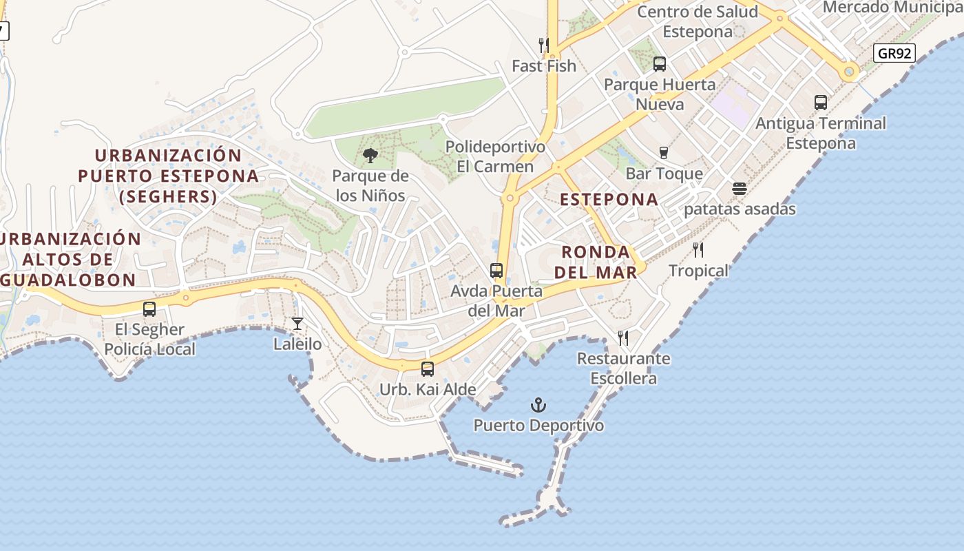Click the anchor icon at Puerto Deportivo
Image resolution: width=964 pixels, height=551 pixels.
pyautogui.click(x=538, y=405)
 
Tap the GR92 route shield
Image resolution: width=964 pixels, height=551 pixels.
pyautogui.click(x=894, y=53)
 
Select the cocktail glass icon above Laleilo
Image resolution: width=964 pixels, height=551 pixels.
pyautogui.click(x=297, y=323)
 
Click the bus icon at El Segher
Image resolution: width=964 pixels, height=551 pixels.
pyautogui.click(x=149, y=309)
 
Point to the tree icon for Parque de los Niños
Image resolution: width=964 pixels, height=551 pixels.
pyautogui.click(x=370, y=156)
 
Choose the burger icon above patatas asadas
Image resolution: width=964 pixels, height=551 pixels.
pyautogui.click(x=740, y=189)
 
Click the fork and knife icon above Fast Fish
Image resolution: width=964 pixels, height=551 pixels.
pyautogui.click(x=544, y=45)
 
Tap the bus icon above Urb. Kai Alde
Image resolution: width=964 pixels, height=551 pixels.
pyautogui.click(x=428, y=369)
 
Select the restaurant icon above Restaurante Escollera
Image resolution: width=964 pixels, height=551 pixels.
pyautogui.click(x=623, y=338)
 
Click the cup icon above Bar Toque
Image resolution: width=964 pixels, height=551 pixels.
pyautogui.click(x=664, y=153)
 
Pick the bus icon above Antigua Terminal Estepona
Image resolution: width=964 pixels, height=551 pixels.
pyautogui.click(x=821, y=103)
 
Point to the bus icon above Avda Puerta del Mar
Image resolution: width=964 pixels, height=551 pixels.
pyautogui.click(x=496, y=271)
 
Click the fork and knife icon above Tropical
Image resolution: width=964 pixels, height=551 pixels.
pyautogui.click(x=699, y=249)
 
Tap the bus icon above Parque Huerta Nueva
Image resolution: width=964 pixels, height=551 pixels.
pyautogui.click(x=660, y=64)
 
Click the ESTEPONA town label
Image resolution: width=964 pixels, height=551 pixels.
pyautogui.click(x=609, y=200)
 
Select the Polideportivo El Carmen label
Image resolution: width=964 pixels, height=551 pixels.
pyautogui.click(x=495, y=157)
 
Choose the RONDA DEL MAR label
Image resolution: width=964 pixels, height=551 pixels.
pyautogui.click(x=596, y=262)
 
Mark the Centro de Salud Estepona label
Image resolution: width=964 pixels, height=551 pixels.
pyautogui.click(x=698, y=21)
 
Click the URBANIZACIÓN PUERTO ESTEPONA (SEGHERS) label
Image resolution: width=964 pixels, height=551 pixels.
pyautogui.click(x=168, y=176)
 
